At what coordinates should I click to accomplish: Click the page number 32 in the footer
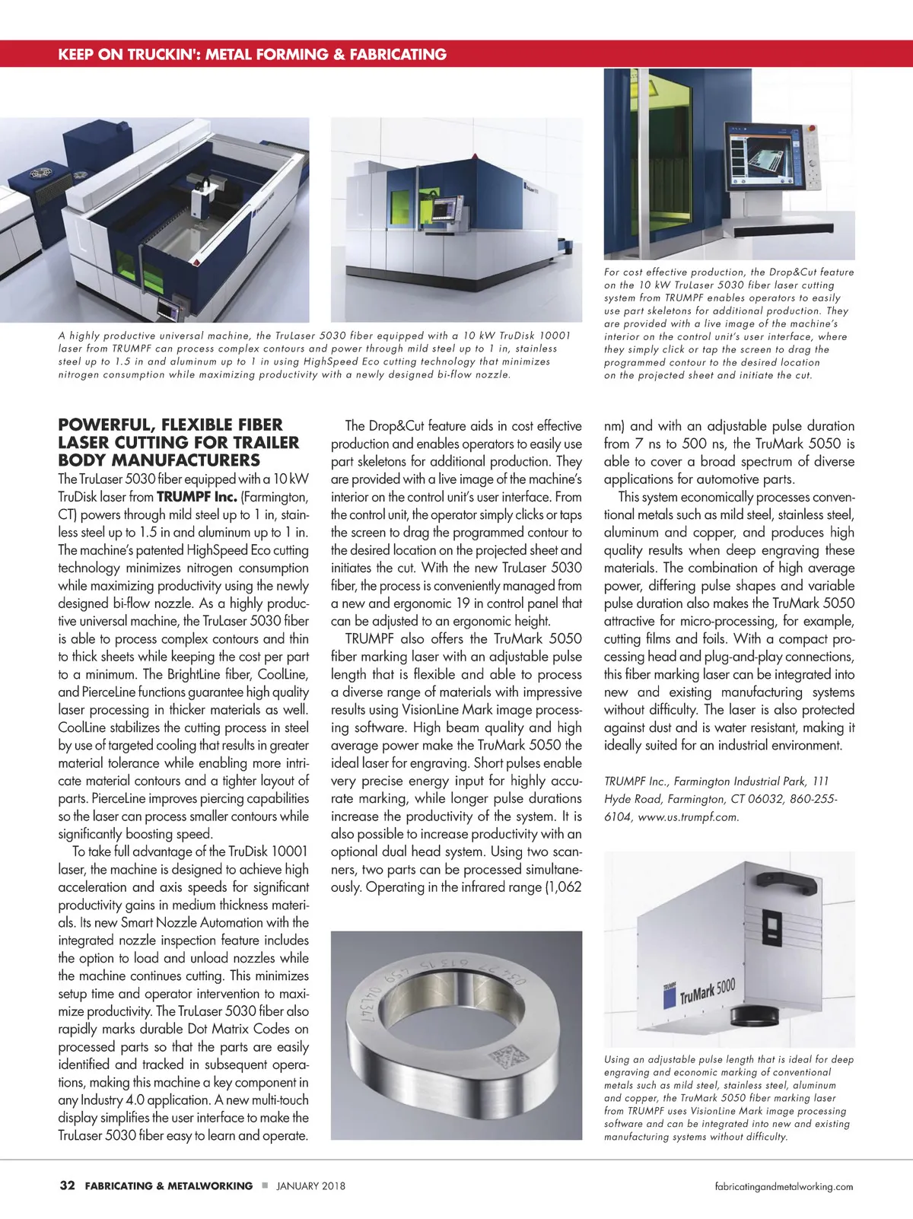67,1186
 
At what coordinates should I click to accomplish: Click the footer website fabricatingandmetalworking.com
784,1186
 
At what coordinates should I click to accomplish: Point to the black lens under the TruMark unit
753,1017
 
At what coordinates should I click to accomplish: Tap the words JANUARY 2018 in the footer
310,1186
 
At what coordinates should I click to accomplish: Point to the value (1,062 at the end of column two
563,887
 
